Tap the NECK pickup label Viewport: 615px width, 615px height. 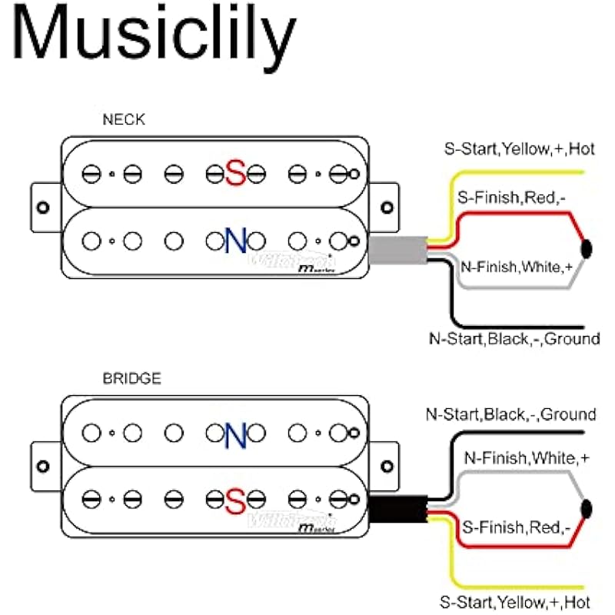[123, 120]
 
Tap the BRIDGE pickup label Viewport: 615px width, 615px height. [131, 378]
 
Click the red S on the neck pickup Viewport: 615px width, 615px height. [235, 174]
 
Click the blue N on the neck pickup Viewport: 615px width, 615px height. [235, 241]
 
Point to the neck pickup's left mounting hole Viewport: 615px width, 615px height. [43, 207]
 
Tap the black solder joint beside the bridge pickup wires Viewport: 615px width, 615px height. [588, 507]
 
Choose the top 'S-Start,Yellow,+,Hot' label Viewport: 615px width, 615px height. [519, 149]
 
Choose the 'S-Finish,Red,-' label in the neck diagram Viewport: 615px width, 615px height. [511, 198]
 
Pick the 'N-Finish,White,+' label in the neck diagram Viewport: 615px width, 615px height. [517, 268]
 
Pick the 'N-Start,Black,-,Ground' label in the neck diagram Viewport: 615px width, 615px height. [514, 338]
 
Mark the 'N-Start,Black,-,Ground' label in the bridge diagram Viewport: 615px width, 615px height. [511, 415]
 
